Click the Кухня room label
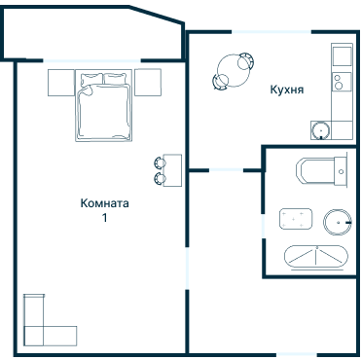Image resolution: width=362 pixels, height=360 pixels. click(287, 90)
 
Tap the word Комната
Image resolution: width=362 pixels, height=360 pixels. click(104, 203)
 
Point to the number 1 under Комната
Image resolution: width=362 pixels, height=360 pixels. click(104, 218)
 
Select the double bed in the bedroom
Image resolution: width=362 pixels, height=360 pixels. click(103, 105)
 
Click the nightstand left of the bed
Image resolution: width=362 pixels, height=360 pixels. click(61, 83)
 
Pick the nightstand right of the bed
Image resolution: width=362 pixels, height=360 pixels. click(148, 83)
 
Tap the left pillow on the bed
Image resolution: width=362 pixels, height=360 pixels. click(91, 80)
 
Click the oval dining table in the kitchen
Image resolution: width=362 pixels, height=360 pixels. click(234, 71)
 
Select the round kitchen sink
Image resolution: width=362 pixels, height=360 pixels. click(321, 130)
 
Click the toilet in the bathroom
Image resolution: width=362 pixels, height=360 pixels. click(322, 171)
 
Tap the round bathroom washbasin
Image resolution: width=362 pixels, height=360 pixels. click(338, 222)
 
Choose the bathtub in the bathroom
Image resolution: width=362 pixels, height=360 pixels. click(316, 257)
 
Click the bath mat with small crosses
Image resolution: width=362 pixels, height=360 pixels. click(296, 219)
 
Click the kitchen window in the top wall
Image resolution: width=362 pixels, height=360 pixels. click(271, 32)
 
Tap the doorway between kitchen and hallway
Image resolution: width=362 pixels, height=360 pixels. click(226, 170)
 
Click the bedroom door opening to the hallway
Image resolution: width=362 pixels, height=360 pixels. click(187, 269)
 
